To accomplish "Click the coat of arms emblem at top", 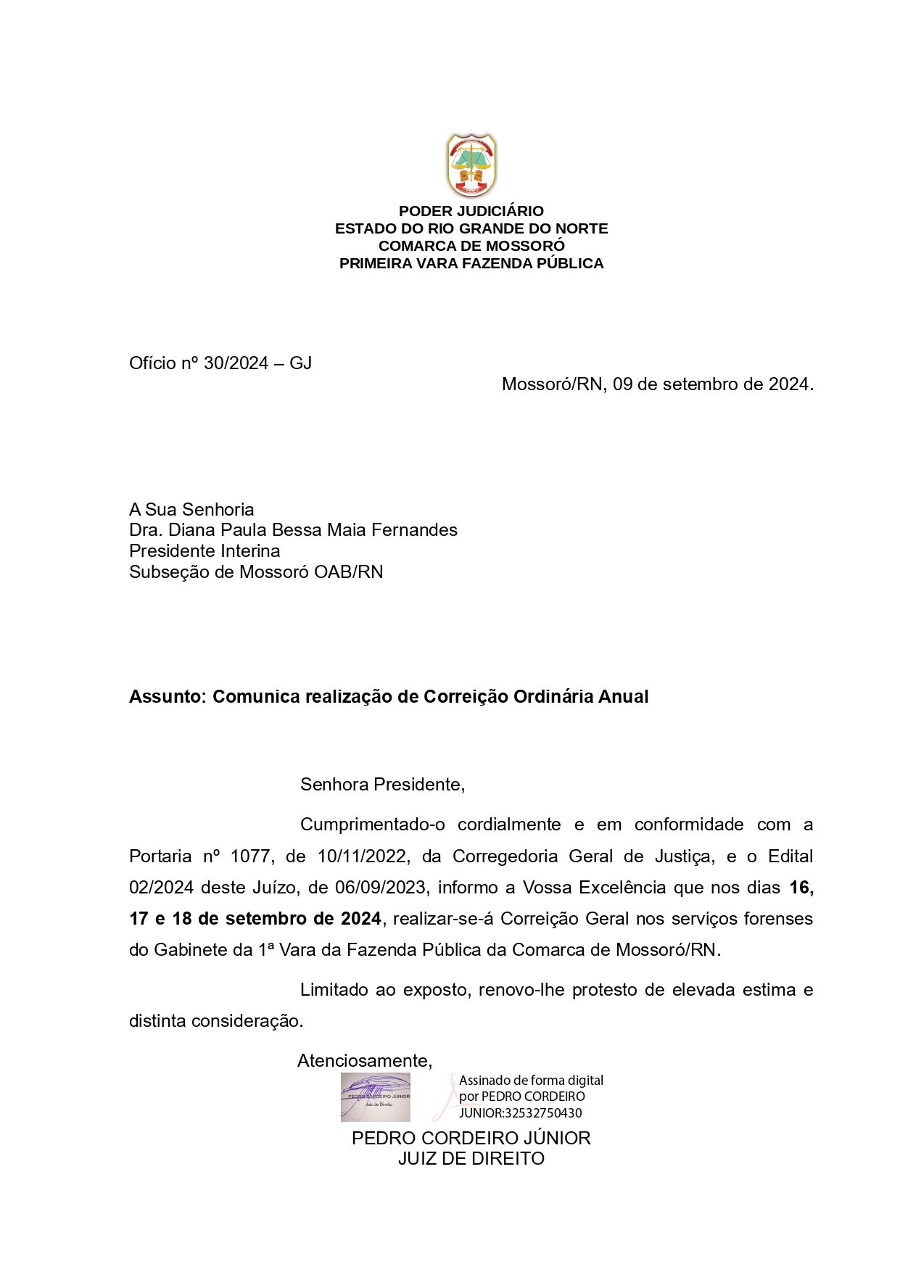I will pyautogui.click(x=471, y=165).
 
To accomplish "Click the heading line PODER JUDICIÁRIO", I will pyautogui.click(x=471, y=211).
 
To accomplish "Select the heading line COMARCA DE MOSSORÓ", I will pyautogui.click(x=471, y=246).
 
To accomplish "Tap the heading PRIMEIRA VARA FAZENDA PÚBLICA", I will pyautogui.click(x=471, y=263).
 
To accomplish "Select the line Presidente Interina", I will pyautogui.click(x=205, y=551).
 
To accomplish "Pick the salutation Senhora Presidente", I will pyautogui.click(x=382, y=785).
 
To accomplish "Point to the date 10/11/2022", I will pyautogui.click(x=362, y=856).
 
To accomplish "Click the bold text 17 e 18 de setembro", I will pyautogui.click(x=218, y=919).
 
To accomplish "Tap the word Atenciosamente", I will pyautogui.click(x=364, y=1061).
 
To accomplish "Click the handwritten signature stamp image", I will pyautogui.click(x=376, y=1097).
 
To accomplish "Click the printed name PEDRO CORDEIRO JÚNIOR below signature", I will pyautogui.click(x=471, y=1138).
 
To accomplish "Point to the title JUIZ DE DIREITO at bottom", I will pyautogui.click(x=471, y=1159).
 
